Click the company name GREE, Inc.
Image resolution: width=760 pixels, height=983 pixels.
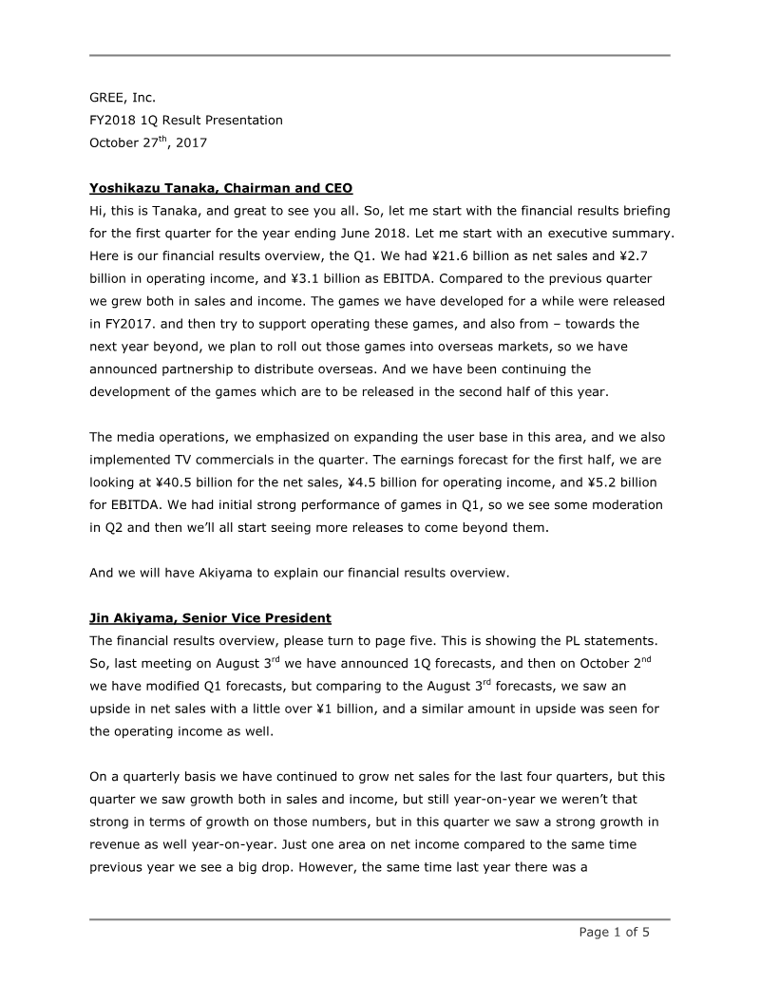123,97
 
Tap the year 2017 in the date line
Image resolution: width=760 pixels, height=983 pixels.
188,143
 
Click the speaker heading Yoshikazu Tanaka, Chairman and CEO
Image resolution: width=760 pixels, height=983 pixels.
220,188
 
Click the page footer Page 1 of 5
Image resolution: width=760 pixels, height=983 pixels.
615,932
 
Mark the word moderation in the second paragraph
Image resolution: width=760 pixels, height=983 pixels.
623,505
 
